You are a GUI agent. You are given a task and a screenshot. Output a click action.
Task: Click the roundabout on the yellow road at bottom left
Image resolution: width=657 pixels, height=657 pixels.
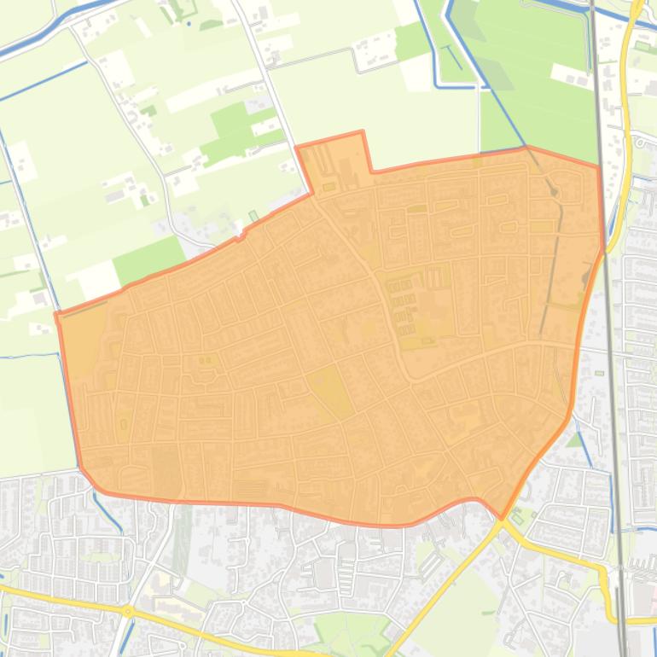pos(128,611)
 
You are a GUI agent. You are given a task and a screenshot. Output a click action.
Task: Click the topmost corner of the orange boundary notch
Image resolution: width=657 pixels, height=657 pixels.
pos(363,131)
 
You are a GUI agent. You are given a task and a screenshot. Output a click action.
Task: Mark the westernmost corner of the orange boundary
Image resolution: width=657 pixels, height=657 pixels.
pos(56,314)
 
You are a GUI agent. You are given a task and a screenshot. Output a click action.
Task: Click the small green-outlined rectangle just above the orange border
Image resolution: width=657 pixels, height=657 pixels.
pos(253,217)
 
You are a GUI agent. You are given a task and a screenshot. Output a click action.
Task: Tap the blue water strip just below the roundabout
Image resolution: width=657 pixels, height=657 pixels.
pos(125,636)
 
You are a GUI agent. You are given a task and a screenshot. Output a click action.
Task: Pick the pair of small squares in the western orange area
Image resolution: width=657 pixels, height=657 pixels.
pos(205,360)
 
